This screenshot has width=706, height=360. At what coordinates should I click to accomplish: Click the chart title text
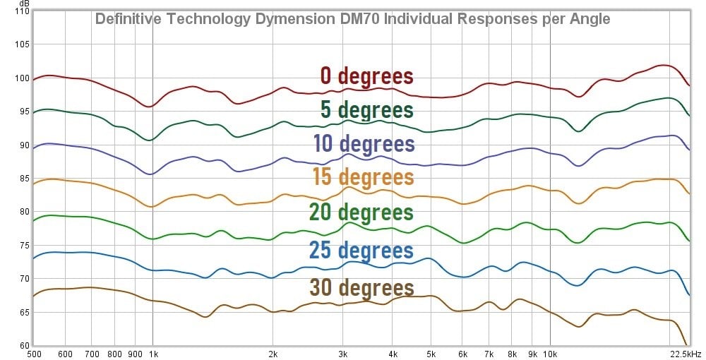(x=352, y=19)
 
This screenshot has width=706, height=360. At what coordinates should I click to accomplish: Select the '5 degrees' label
(x=366, y=110)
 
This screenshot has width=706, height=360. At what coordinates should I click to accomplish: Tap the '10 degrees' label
(x=363, y=143)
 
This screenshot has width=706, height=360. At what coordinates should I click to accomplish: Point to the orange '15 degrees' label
(x=363, y=176)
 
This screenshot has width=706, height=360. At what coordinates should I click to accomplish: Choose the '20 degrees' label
(x=361, y=212)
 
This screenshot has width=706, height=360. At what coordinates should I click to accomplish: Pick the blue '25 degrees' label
(x=361, y=250)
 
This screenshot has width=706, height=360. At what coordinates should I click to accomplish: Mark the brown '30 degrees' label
(x=361, y=288)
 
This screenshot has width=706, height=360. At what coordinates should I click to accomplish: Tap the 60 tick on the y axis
(x=23, y=346)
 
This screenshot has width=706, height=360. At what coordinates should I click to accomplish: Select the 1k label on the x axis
(x=153, y=354)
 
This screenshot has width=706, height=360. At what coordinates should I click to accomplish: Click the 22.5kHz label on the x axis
(x=686, y=354)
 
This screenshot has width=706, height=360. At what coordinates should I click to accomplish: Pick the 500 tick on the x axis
(x=33, y=354)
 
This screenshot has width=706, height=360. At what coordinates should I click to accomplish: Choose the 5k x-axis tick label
(x=430, y=354)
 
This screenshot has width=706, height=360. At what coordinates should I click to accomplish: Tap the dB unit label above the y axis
(x=24, y=3)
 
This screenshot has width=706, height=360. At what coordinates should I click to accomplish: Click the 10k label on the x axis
(x=550, y=354)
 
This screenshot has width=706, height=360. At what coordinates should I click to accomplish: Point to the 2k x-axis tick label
(x=273, y=354)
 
